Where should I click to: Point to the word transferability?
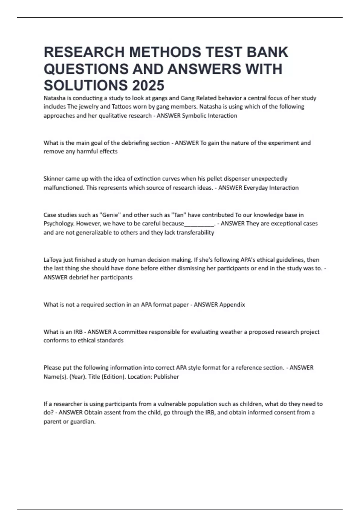(195, 232)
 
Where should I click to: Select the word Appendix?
(232, 305)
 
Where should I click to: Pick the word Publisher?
(166, 377)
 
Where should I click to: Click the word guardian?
(83, 422)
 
